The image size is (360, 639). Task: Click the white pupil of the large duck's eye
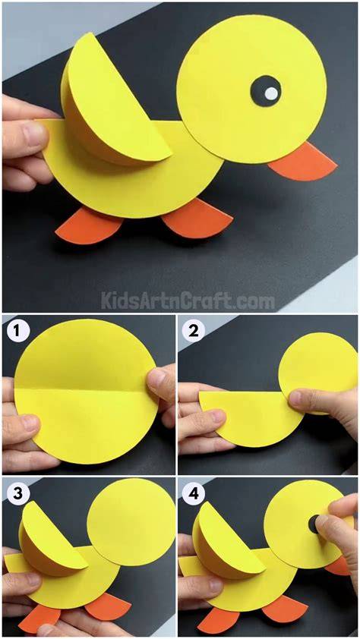271,94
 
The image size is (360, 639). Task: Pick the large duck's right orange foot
197,218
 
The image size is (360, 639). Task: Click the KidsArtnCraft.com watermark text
188,301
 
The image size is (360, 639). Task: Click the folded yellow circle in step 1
86,392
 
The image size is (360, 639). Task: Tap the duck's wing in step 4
226,538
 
